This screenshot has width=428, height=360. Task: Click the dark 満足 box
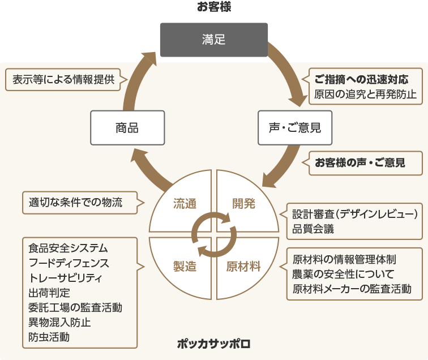(213, 40)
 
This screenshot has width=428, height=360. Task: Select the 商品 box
(127, 127)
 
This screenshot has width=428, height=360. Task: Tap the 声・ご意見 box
(294, 127)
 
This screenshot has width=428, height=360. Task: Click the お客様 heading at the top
(214, 7)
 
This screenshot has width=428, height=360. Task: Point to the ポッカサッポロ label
(213, 344)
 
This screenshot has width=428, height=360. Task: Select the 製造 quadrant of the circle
(185, 265)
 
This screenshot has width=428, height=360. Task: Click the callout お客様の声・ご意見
(360, 162)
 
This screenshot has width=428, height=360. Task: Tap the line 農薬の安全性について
(339, 275)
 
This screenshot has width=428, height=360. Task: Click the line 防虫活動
(49, 337)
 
